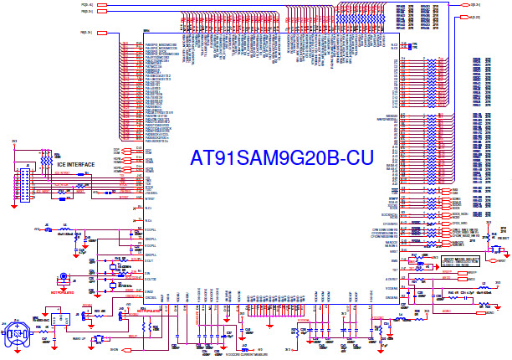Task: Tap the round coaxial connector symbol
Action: coord(63,278)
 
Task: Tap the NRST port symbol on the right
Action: coord(500,260)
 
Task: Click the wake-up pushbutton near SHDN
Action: coord(99,338)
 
